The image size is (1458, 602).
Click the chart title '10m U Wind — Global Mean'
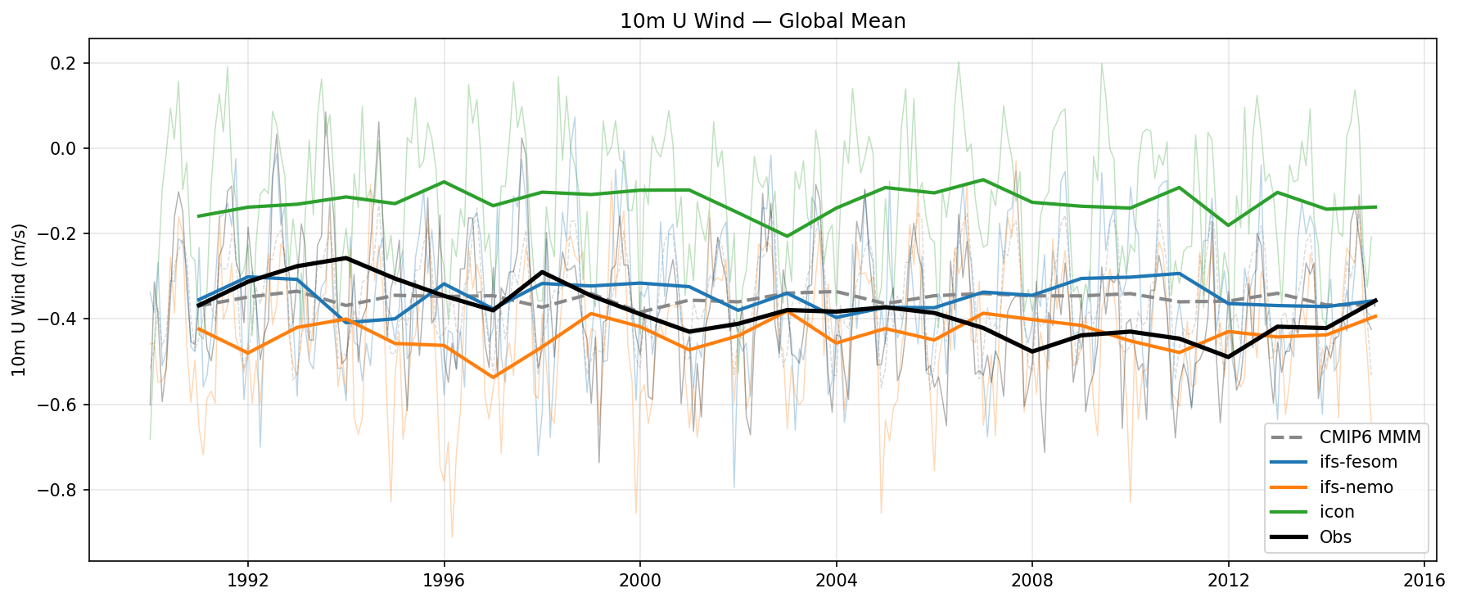click(x=762, y=21)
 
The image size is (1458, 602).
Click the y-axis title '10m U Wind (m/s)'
click(x=20, y=300)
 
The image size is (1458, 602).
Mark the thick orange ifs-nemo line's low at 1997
click(x=493, y=377)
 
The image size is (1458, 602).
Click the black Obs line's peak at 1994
click(x=346, y=258)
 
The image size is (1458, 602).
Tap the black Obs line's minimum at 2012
click(x=1228, y=356)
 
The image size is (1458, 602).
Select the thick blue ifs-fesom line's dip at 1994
click(x=346, y=323)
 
